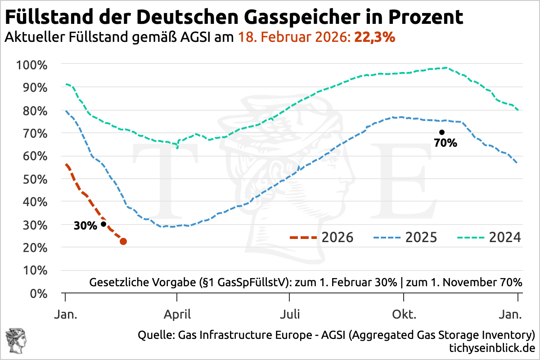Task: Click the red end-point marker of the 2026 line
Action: coord(123,242)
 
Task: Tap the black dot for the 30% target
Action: coord(103,224)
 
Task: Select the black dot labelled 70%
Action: coord(442,132)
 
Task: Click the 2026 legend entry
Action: coord(322,237)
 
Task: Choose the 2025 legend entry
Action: coord(405,237)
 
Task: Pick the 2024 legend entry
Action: coord(489,237)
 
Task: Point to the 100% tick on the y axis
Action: coord(31,65)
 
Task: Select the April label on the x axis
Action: coord(178,314)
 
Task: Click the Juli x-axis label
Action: coord(290,314)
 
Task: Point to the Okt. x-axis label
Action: coord(405,314)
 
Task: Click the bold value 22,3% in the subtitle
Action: coord(375,37)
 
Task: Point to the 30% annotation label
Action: coord(85,226)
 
